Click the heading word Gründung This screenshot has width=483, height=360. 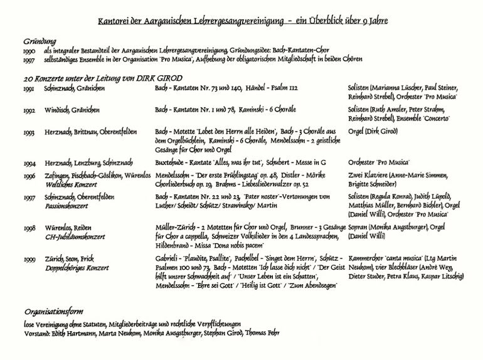pos(40,40)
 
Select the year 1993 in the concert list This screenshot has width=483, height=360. pos(29,133)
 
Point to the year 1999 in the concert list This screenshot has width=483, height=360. pos(29,258)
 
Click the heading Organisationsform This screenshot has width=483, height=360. pos(53,312)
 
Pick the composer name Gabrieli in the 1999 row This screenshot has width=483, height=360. pos(168,258)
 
